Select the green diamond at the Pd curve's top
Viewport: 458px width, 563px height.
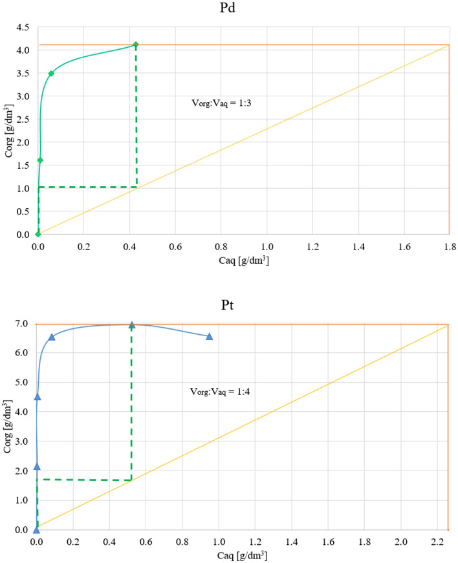136,45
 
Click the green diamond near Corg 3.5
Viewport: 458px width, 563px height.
51,73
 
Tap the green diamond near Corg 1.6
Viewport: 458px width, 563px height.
40,160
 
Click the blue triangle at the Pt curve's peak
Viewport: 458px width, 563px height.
132,325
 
